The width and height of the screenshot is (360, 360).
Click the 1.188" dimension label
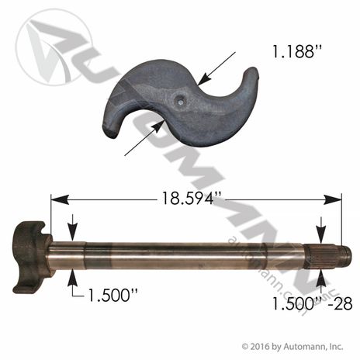[296, 51]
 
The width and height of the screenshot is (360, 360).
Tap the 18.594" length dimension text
[188, 199]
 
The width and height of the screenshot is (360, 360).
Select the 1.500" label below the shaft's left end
[112, 295]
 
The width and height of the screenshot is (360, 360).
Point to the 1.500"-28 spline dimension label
[313, 303]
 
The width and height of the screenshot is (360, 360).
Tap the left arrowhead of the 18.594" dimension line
[60, 199]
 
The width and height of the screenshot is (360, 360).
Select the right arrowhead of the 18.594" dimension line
[333, 199]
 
